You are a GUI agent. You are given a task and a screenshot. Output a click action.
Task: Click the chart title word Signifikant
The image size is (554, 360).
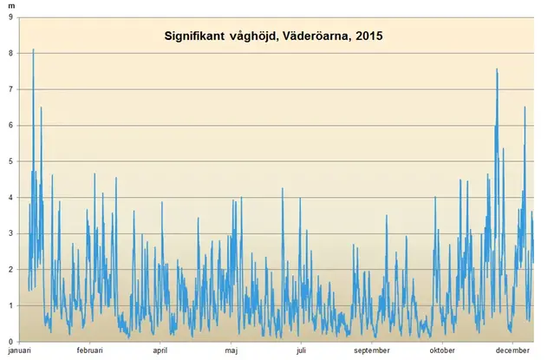[196, 37]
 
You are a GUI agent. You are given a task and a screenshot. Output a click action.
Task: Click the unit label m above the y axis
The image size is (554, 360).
[11, 6]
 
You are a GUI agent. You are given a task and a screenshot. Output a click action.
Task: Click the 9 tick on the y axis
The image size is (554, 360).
[11, 17]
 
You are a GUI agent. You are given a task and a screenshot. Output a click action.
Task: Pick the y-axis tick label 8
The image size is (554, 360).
[11, 53]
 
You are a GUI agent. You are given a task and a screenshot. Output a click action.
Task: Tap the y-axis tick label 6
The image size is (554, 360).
[11, 125]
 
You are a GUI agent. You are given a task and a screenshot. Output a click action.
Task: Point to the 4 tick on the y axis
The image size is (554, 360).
[11, 198]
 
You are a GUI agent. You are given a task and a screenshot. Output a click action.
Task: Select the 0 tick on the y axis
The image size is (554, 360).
[11, 341]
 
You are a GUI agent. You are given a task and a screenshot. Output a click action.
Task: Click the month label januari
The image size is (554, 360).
[19, 350]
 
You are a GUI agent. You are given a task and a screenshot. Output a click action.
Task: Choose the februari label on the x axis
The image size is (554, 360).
[89, 350]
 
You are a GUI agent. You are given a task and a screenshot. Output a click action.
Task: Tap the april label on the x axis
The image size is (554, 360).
[160, 350]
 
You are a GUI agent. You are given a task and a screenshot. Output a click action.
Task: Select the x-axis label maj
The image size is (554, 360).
[231, 350]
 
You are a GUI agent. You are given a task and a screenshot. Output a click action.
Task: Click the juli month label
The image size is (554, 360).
[301, 350]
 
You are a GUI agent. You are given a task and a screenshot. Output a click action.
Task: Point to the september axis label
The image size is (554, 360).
[371, 350]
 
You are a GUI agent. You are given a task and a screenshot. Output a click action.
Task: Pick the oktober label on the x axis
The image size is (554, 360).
[442, 350]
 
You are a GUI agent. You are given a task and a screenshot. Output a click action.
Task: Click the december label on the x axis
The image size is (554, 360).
[512, 350]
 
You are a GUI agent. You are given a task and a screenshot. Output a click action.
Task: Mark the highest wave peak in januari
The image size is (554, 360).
[33, 50]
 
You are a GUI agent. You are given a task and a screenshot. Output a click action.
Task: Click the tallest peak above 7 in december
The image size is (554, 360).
[497, 69]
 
